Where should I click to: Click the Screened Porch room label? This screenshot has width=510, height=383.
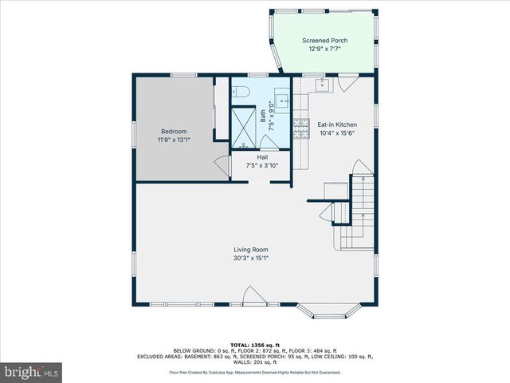(324, 40)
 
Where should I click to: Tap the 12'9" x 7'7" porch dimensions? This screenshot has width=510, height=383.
(324, 49)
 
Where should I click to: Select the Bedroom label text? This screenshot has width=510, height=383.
(174, 131)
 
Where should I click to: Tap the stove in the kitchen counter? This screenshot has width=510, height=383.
(301, 128)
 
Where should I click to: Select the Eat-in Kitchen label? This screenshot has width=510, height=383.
(337, 124)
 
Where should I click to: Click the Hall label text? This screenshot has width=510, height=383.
(262, 157)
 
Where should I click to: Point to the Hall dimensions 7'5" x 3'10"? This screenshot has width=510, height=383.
(262, 165)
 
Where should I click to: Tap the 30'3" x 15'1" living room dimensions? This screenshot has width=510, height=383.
(250, 258)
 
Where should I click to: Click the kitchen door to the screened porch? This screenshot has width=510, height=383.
(347, 82)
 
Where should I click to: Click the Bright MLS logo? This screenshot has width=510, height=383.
(32, 372)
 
